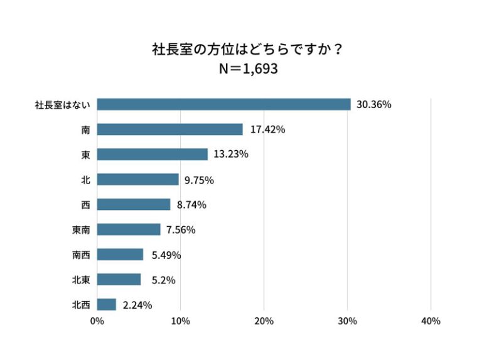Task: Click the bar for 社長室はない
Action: click(223, 104)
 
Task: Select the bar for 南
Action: click(169, 129)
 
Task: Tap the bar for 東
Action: click(153, 155)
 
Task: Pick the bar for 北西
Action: click(107, 305)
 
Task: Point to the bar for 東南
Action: click(129, 229)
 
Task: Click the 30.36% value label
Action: click(373, 104)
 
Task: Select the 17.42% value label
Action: click(267, 129)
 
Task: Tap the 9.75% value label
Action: click(199, 180)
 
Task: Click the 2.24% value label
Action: click(137, 305)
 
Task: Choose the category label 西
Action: click(85, 205)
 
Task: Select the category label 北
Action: click(85, 180)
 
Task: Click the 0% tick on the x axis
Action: click(97, 321)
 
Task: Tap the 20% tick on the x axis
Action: click(264, 321)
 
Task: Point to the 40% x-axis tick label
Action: click(431, 321)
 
